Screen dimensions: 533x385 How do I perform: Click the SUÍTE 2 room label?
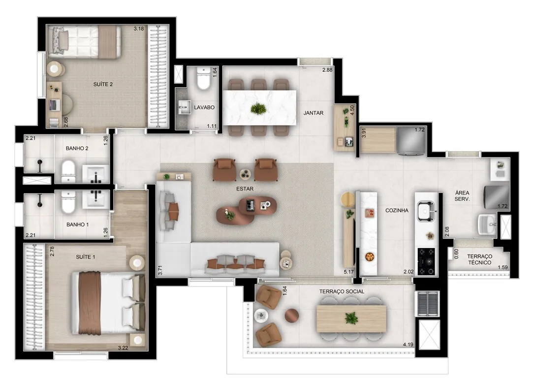pyautogui.click(x=103, y=84)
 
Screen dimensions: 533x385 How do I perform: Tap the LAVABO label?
pyautogui.click(x=204, y=107)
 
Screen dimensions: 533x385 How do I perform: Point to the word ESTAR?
pyautogui.click(x=245, y=189)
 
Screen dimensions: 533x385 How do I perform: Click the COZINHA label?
pyautogui.click(x=397, y=211)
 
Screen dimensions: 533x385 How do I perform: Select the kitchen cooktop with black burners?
pyautogui.click(x=426, y=261)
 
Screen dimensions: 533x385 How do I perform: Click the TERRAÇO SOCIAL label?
pyautogui.click(x=341, y=291)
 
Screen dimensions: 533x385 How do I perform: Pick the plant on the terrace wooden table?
pyautogui.click(x=350, y=319)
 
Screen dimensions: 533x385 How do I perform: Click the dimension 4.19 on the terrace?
pyautogui.click(x=408, y=345)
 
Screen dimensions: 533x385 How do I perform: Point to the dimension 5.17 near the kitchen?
pyautogui.click(x=349, y=272)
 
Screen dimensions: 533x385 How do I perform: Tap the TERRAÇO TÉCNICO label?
pyautogui.click(x=479, y=259)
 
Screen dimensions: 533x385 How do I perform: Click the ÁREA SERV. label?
pyautogui.click(x=462, y=196)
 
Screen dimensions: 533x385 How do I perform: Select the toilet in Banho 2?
pyautogui.click(x=68, y=171)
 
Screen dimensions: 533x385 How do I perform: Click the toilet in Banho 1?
pyautogui.click(x=68, y=202)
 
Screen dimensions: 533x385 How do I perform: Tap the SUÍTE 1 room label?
pyautogui.click(x=85, y=257)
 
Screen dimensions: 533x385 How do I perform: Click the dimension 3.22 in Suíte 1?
pyautogui.click(x=123, y=348)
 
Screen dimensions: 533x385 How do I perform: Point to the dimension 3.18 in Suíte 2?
pyautogui.click(x=139, y=29)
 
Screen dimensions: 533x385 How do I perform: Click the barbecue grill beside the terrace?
pyautogui.click(x=429, y=303)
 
